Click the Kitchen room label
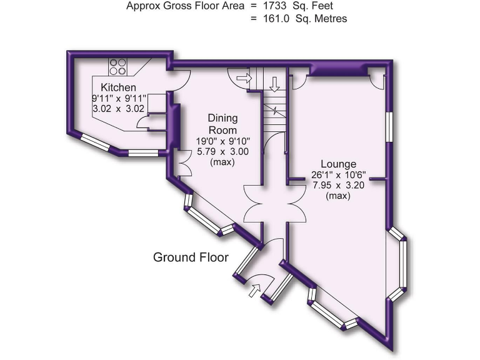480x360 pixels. click(118, 87)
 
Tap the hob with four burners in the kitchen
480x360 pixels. click(118, 66)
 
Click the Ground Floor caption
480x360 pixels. click(191, 257)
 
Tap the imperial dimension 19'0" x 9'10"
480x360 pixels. click(222, 141)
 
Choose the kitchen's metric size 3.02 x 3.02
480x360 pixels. click(118, 108)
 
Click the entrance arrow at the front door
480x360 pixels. click(255, 289)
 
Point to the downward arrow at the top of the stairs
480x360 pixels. click(274, 82)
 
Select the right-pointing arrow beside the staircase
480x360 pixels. click(244, 78)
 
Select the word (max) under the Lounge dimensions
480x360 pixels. click(337, 196)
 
